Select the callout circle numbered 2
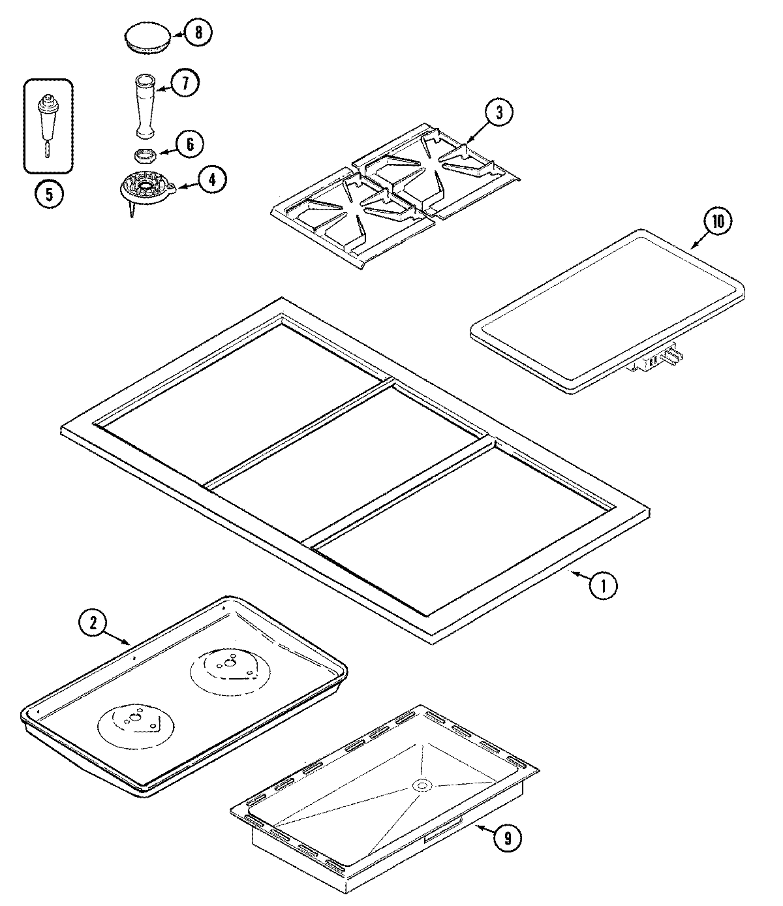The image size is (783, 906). pos(93,622)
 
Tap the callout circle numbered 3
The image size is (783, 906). pos(499,113)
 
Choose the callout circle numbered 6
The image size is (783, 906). pos(190,144)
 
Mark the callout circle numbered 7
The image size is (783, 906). pos(185,83)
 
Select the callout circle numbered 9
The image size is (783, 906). pos(508,839)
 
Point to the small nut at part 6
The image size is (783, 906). pos(143,155)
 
